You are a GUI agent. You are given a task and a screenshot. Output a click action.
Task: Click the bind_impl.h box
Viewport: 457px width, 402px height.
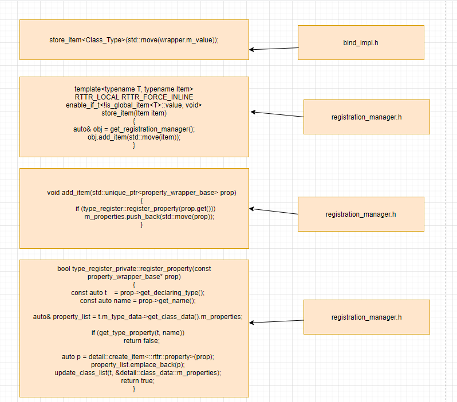pos(361,43)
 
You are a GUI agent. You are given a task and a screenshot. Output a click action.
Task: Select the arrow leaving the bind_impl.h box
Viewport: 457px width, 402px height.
pos(274,49)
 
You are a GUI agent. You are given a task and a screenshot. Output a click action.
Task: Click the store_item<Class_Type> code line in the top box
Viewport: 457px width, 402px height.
pos(134,39)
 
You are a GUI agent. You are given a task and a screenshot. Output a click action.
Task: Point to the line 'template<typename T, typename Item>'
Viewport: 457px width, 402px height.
pos(134,89)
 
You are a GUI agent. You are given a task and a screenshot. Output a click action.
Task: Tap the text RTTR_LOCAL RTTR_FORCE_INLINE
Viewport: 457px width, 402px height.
pos(134,97)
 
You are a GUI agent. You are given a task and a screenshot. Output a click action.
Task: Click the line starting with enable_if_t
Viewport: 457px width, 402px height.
pos(134,105)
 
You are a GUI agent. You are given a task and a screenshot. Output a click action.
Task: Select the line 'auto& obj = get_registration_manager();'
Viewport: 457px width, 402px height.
pos(134,129)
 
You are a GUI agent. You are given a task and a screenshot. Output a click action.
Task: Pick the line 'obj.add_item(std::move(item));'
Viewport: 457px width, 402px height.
pos(134,137)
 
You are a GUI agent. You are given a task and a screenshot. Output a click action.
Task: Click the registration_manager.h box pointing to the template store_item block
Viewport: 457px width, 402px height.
pos(367,117)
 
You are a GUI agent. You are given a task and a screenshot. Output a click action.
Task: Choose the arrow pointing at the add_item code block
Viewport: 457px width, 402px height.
pos(274,212)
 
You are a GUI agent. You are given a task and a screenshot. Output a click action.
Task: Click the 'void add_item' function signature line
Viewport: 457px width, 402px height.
pos(141,193)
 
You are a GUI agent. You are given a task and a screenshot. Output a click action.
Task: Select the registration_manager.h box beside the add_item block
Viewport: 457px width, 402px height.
pos(361,214)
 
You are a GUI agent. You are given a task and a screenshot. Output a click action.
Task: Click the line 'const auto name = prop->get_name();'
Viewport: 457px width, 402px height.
pos(134,301)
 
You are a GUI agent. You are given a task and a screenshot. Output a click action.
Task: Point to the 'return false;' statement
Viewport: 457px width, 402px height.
pos(134,341)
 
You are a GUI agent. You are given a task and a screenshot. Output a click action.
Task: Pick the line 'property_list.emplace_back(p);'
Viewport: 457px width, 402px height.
pos(134,365)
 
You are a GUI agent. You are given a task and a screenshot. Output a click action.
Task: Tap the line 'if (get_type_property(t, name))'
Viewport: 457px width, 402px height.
pos(137,333)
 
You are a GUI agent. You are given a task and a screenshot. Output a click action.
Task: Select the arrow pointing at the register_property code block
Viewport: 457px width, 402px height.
pos(277,321)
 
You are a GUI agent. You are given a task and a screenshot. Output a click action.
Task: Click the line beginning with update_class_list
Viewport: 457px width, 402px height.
pos(137,373)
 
